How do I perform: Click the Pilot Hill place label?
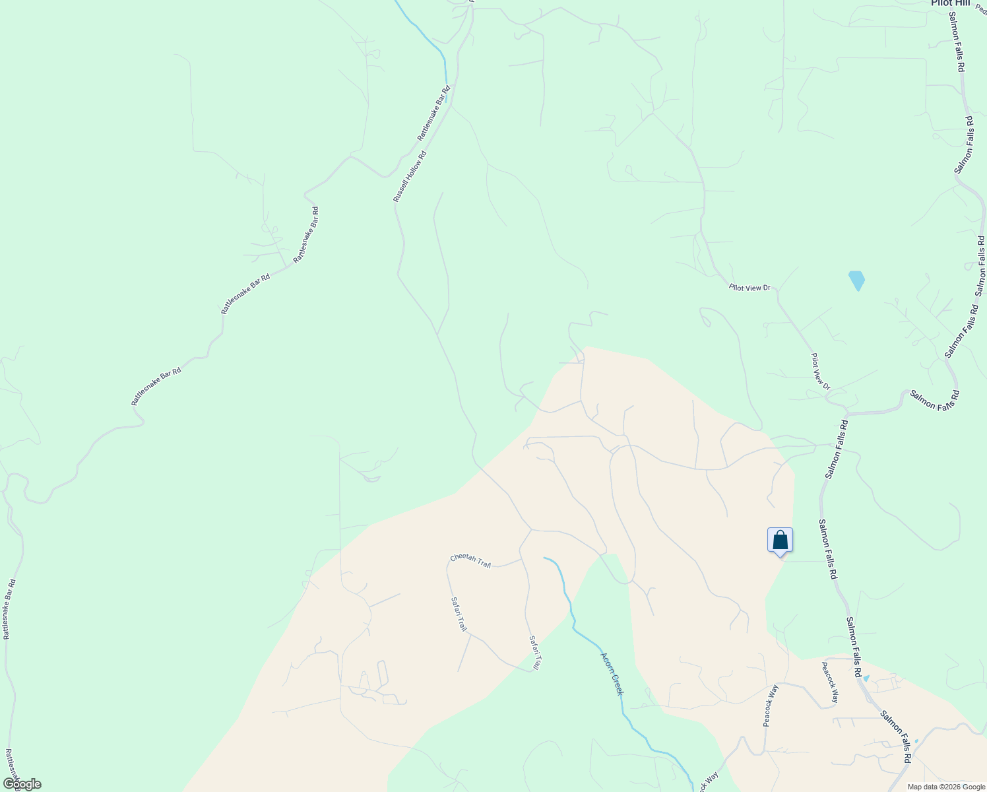[x=950, y=3]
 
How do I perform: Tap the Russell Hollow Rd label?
[x=410, y=177]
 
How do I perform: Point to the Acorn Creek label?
[x=612, y=673]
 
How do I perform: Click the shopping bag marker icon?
[x=780, y=540]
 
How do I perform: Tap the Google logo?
[x=21, y=784]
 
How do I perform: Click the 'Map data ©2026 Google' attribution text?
[x=945, y=787]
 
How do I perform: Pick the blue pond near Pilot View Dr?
[x=856, y=280]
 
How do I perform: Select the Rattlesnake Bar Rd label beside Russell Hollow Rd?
[x=433, y=113]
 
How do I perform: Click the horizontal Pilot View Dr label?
[x=749, y=287]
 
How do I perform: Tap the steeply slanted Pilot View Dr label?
[x=820, y=371]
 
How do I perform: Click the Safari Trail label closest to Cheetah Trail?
[x=459, y=614]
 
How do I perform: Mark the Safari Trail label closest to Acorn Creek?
[x=535, y=653]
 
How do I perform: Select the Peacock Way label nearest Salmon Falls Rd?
[x=830, y=682]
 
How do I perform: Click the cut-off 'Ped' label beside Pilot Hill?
[x=981, y=8]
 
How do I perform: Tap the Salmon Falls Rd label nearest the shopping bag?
[x=827, y=549]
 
